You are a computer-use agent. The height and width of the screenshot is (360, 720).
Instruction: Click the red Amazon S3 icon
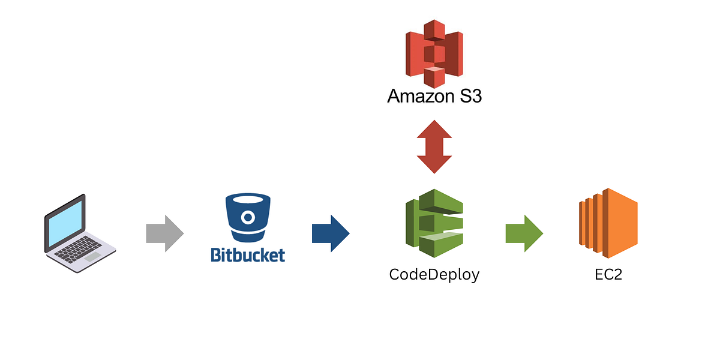434,53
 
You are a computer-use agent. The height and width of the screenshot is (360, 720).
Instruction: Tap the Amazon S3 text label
434,96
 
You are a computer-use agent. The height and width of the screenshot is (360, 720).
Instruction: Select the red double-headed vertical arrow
434,147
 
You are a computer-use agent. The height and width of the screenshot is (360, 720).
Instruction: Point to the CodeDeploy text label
434,275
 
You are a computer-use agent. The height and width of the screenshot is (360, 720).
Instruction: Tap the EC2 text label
608,275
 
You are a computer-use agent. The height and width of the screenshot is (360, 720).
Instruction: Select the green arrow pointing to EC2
524,233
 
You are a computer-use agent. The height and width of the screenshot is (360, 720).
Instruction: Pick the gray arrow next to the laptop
164,233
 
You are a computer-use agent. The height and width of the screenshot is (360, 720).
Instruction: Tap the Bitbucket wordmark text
248,254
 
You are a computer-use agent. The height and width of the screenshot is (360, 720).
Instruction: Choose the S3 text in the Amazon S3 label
469,96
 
